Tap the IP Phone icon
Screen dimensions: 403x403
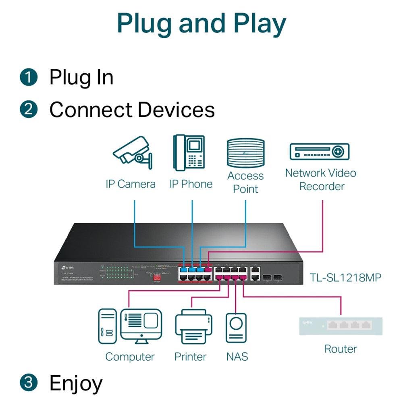189,153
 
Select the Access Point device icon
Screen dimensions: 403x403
245,153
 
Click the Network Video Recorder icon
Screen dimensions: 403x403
320,152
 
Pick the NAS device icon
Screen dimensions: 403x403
236,328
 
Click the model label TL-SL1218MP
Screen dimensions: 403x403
345,277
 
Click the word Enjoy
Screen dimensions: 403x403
76,384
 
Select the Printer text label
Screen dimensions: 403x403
190,357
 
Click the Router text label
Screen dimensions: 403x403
341,349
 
